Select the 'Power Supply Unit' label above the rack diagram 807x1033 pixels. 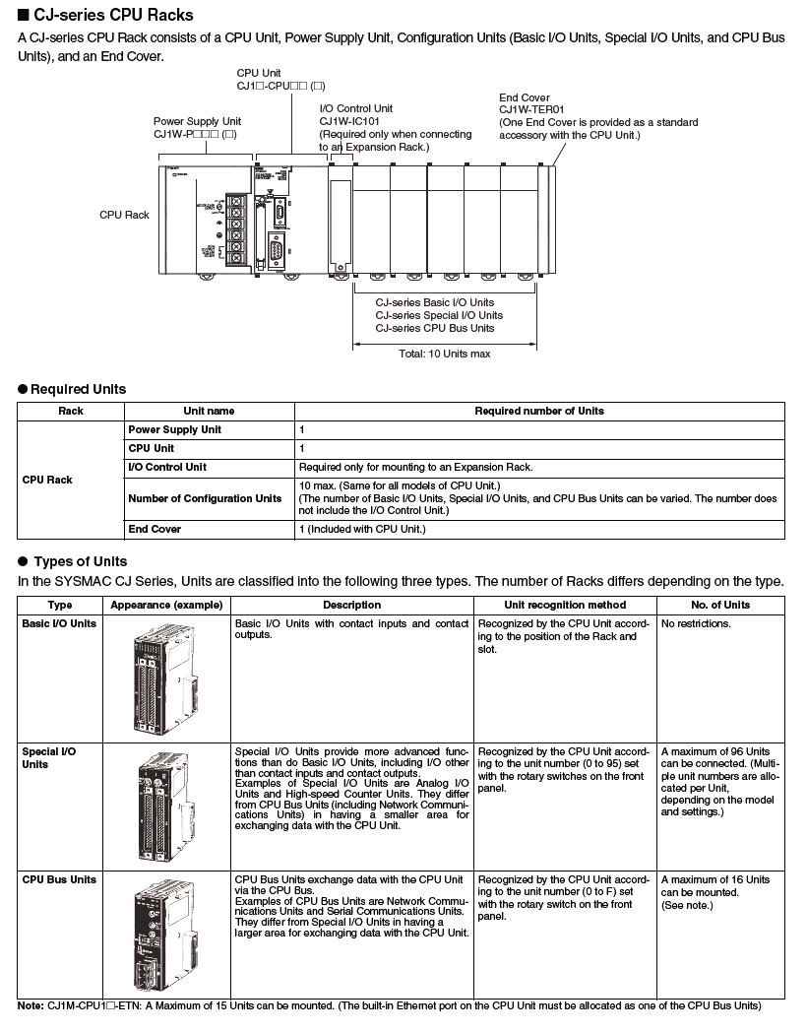click(197, 121)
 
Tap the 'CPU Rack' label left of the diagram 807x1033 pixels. click(124, 214)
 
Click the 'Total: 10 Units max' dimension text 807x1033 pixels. click(444, 354)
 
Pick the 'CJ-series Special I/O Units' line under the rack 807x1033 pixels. click(439, 315)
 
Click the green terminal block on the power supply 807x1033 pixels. click(235, 228)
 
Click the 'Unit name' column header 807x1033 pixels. click(209, 411)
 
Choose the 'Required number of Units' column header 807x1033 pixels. click(539, 411)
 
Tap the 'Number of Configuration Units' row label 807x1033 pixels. click(205, 498)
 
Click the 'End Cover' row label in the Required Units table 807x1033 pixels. click(155, 529)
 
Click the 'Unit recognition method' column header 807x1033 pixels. click(564, 605)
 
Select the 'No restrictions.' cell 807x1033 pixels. click(697, 624)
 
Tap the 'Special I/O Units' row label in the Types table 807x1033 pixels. click(48, 757)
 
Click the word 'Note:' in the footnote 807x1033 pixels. click(31, 1005)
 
